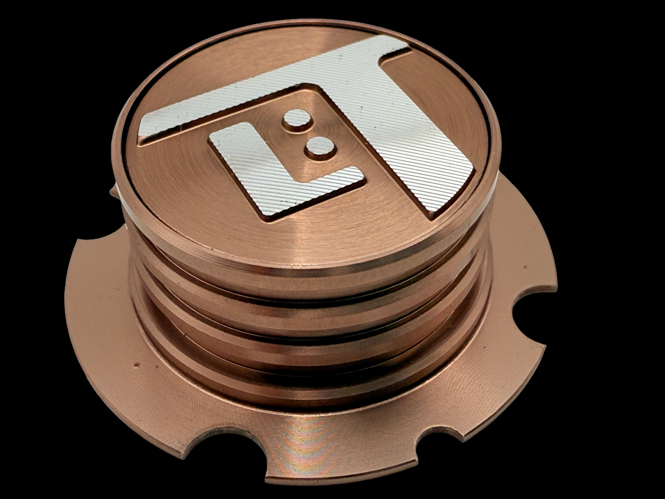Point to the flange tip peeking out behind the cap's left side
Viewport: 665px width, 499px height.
tap(114, 192)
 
